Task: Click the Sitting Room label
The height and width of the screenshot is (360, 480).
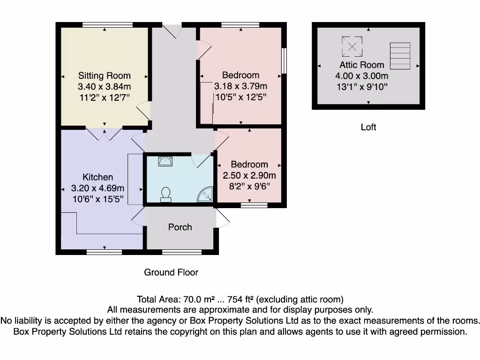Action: click(105, 75)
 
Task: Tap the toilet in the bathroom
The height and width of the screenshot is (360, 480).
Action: click(165, 195)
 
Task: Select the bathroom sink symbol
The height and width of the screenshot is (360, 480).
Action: click(165, 161)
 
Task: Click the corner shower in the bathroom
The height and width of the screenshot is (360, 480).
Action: click(205, 194)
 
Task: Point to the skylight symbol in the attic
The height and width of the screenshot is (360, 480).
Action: click(352, 46)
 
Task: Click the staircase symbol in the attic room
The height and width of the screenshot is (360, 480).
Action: click(400, 56)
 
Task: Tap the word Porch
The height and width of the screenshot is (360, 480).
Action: click(180, 227)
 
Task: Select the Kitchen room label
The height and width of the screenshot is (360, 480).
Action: click(97, 177)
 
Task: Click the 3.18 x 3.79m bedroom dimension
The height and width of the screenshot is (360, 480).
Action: click(240, 86)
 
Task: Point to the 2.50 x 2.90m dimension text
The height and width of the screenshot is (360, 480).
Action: click(249, 175)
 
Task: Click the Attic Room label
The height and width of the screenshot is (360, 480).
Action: click(362, 65)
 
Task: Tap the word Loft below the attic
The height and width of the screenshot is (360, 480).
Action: click(368, 127)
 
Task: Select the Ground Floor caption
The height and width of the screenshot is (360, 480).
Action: click(171, 272)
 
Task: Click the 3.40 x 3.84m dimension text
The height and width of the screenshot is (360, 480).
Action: click(105, 86)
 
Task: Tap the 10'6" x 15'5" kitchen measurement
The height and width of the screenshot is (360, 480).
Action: click(98, 199)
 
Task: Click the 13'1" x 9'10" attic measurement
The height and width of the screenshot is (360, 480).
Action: click(362, 87)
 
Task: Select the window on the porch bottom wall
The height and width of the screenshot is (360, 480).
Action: click(182, 252)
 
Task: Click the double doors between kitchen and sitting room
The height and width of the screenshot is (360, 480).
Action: click(105, 133)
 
